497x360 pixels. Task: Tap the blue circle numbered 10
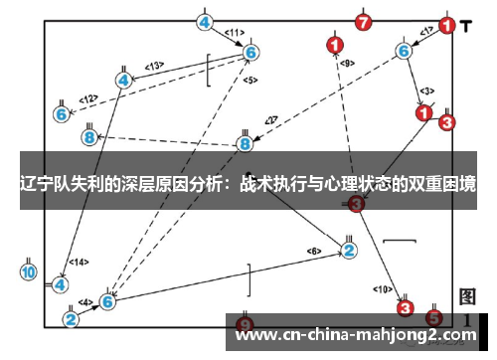coord(29,270)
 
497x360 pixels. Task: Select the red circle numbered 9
coord(246,325)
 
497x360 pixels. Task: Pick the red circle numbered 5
coord(434,317)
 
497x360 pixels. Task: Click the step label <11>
coord(234,33)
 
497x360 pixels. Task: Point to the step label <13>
coord(154,66)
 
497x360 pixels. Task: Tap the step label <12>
coord(89,98)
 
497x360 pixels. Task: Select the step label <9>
coord(347,64)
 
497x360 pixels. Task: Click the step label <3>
coord(426,91)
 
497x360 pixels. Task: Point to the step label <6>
coord(314,250)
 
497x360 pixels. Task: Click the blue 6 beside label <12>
coord(62,114)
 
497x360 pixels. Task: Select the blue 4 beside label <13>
coord(123,80)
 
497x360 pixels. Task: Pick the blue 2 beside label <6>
coord(349,250)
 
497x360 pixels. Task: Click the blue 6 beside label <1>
coord(404,50)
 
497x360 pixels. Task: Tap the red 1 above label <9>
coord(335,44)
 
